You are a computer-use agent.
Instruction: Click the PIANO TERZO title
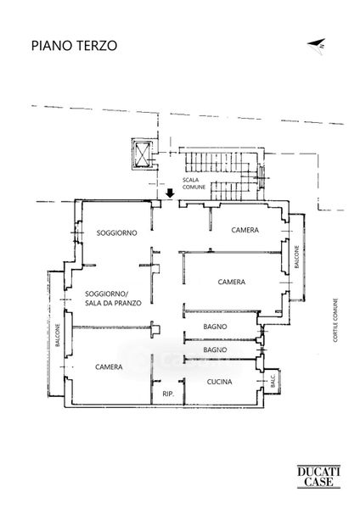point(74,46)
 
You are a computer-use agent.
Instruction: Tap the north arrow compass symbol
point(317,47)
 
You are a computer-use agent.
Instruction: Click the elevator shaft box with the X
point(143,154)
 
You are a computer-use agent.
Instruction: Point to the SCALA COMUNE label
point(194,183)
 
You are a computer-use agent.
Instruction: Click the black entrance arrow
point(170,193)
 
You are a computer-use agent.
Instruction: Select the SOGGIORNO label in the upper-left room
point(116,232)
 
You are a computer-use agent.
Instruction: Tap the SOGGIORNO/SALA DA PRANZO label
point(113,299)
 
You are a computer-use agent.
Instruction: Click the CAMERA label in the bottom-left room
point(109,366)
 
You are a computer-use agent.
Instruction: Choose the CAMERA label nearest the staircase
point(245,230)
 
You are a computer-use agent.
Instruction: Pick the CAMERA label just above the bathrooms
point(231,282)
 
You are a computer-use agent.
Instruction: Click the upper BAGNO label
point(215,327)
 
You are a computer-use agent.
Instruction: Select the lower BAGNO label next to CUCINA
point(215,350)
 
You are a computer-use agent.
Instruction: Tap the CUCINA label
point(219,382)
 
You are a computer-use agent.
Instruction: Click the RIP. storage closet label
point(168,394)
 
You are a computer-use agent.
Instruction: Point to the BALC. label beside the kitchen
point(273,381)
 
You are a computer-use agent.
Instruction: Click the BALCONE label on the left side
point(58,335)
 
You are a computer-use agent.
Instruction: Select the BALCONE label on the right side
point(296,257)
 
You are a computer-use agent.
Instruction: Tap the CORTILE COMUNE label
point(335,320)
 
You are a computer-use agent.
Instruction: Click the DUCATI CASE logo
point(318,476)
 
